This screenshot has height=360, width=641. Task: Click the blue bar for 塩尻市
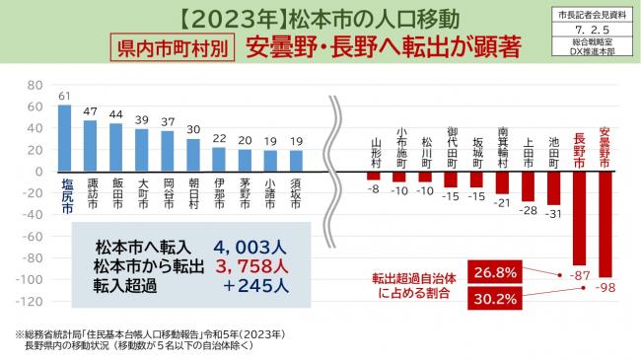pyautogui.click(x=64, y=137)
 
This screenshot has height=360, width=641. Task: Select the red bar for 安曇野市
pyautogui.click(x=605, y=224)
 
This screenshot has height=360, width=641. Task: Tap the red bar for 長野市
pyautogui.click(x=580, y=218)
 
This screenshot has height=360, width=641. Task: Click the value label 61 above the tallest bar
pyautogui.click(x=64, y=96)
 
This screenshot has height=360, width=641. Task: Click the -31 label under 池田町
pyautogui.click(x=553, y=213)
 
